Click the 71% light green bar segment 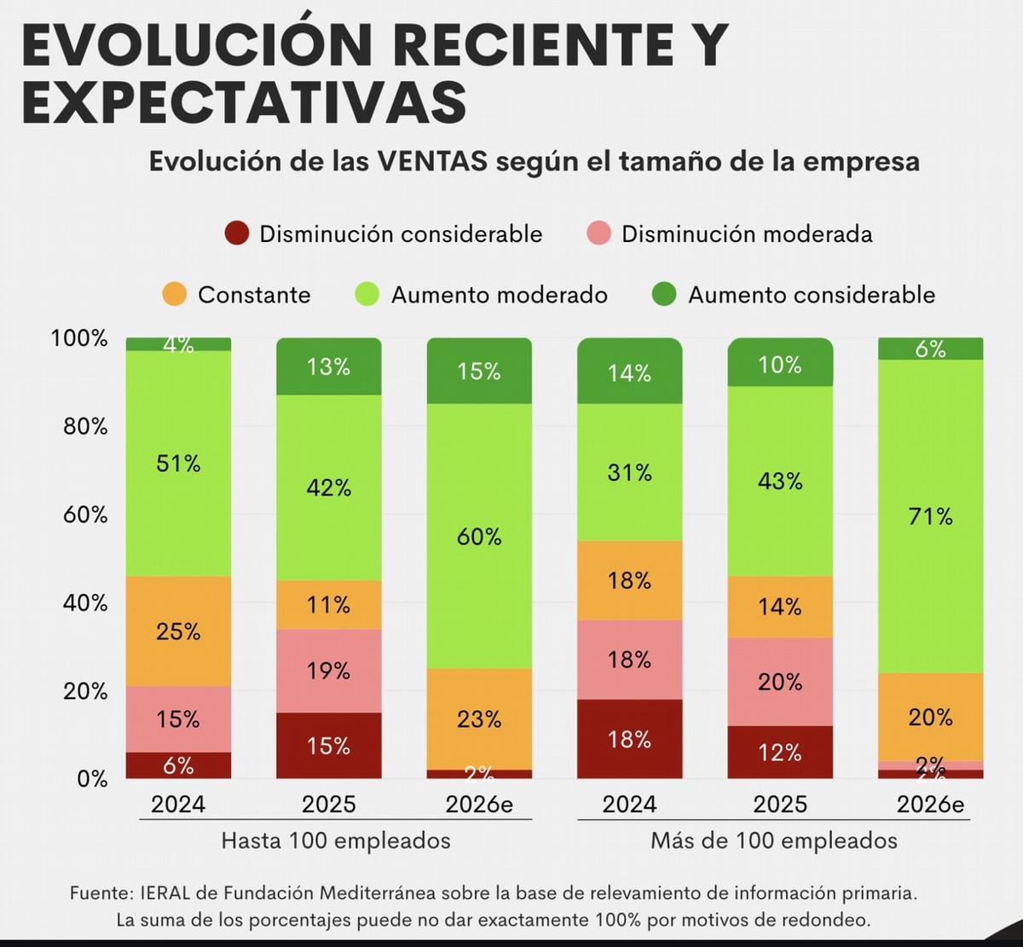(930, 517)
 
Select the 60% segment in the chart (479, 536)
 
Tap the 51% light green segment (178, 464)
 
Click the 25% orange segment (178, 632)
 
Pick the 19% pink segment (328, 671)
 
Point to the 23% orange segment (479, 719)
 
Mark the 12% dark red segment (780, 753)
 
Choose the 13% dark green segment (328, 367)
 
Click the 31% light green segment (629, 472)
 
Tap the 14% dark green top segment (629, 372)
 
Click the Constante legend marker (174, 295)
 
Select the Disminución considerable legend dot (236, 234)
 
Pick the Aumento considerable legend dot (664, 295)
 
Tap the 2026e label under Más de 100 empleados (930, 805)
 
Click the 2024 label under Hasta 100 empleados (178, 805)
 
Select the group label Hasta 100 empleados (336, 841)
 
